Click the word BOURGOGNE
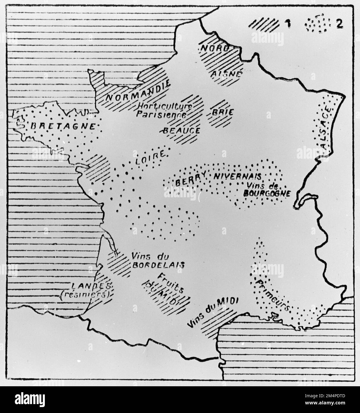pyautogui.click(x=266, y=193)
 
